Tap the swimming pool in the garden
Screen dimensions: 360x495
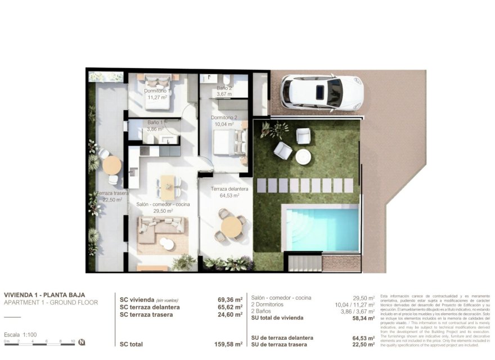pos(322,228)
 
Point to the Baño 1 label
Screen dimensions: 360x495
pos(156,122)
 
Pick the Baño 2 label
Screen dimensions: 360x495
pos(224,88)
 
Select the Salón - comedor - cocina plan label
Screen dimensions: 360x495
pos(163,204)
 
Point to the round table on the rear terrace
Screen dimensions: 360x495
pos(112,165)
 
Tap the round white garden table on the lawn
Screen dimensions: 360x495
pos(303,156)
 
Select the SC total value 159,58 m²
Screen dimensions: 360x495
pos(230,344)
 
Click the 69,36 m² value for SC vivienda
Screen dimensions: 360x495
pos(230,300)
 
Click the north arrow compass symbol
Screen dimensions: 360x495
pos(82,341)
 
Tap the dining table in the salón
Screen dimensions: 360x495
pos(168,183)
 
